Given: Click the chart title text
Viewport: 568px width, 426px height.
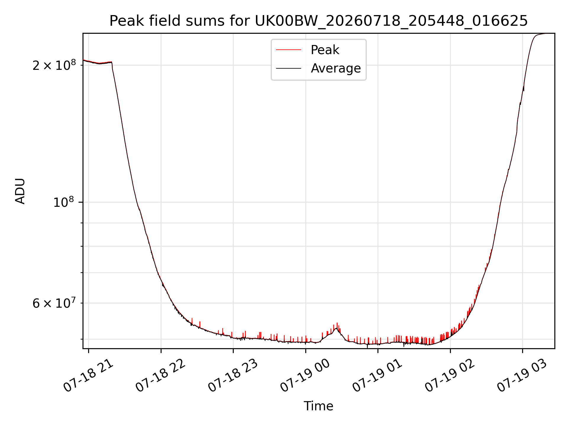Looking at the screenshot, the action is [319, 21].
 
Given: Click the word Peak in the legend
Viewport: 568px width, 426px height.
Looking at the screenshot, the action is [325, 50].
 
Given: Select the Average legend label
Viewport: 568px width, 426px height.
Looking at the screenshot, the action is [336, 68].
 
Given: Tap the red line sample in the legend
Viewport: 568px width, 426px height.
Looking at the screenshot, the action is [288, 50].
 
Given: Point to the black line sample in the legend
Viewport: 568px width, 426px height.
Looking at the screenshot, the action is [288, 68].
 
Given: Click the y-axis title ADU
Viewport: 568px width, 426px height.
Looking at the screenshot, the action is [20, 191].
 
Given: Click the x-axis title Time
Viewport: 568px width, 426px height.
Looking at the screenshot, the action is [319, 406].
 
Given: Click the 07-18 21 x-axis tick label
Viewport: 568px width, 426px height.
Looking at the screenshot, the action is [89, 376].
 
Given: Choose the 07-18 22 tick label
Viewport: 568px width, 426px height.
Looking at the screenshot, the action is [161, 376].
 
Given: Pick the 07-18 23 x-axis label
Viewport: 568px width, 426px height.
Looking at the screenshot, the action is [233, 376].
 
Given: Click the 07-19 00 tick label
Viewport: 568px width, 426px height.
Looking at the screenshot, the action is [306, 376].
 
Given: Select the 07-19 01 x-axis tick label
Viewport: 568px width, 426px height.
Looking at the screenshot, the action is [378, 376].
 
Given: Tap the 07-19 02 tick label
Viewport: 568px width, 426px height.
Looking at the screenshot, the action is [450, 376].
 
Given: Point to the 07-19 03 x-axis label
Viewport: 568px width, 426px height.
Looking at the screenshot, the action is [523, 376].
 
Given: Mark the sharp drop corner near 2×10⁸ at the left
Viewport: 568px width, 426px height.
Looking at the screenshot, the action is [112, 63].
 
